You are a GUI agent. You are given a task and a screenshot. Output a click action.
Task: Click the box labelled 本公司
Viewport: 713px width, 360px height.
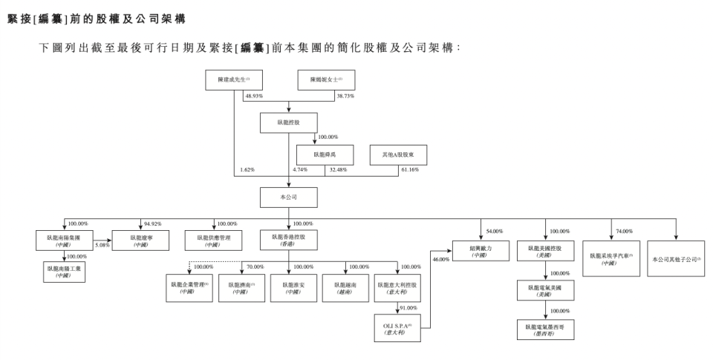(288, 197)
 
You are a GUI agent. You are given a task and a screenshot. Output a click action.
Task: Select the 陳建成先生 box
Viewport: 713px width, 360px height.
(232, 80)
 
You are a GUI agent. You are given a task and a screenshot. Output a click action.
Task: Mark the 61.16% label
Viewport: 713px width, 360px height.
(410, 171)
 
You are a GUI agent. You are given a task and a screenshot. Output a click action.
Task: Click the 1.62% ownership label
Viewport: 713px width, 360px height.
(247, 171)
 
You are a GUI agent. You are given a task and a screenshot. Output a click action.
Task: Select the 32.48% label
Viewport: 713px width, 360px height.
(336, 171)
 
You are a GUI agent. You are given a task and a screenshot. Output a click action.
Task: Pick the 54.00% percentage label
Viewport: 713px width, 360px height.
(494, 232)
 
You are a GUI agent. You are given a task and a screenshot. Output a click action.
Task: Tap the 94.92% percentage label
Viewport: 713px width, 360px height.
(152, 223)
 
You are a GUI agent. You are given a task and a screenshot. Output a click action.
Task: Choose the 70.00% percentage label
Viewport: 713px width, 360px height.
(255, 266)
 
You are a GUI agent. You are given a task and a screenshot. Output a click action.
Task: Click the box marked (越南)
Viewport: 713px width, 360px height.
(345, 288)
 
